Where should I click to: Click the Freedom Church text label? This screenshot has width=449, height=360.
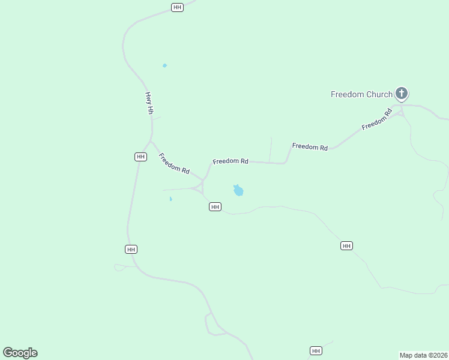(x=361, y=94)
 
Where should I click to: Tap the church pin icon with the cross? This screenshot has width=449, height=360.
(x=402, y=94)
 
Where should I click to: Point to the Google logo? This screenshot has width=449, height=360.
(x=20, y=353)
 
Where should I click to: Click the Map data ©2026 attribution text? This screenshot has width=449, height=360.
(x=423, y=355)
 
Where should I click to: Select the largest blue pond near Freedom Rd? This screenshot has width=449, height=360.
(x=238, y=191)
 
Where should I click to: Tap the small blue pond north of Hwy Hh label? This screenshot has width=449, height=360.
(x=164, y=65)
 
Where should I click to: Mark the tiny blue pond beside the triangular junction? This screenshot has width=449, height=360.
(x=170, y=199)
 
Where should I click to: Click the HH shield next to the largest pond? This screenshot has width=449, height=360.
(x=215, y=206)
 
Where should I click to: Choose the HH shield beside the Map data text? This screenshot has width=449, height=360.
(x=316, y=350)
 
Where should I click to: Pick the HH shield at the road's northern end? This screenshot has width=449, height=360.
(x=177, y=7)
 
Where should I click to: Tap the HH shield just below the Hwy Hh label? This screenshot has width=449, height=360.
(x=140, y=157)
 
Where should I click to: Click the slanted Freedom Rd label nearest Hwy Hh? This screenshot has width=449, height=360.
(x=174, y=163)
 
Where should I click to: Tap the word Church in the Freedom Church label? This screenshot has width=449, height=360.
(x=379, y=94)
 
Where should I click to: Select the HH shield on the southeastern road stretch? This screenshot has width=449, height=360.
(x=346, y=245)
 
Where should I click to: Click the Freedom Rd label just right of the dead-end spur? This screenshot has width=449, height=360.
(x=310, y=146)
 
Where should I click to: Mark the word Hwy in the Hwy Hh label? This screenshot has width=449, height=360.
(x=148, y=97)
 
